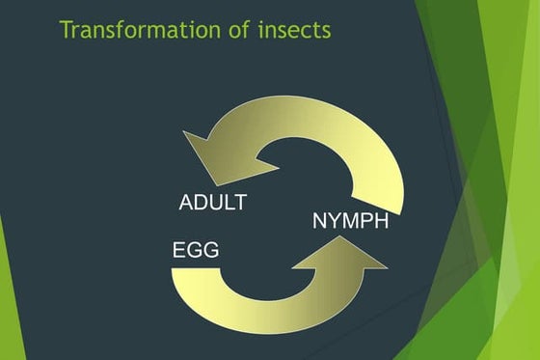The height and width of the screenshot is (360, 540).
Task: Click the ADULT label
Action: click(x=213, y=203)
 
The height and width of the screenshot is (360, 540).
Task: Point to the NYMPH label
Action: click(x=351, y=221)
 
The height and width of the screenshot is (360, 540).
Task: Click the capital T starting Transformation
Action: click(x=66, y=30)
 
